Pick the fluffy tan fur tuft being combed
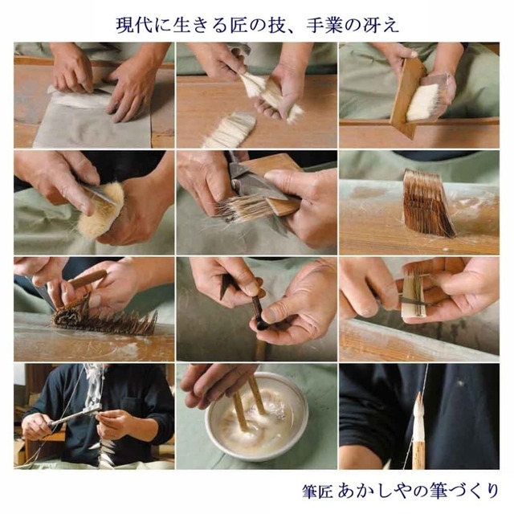coord(100,211)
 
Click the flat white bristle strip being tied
coord(413,297)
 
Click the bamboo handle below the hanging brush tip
coord(418,450)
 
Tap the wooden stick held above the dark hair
coord(86,280)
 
